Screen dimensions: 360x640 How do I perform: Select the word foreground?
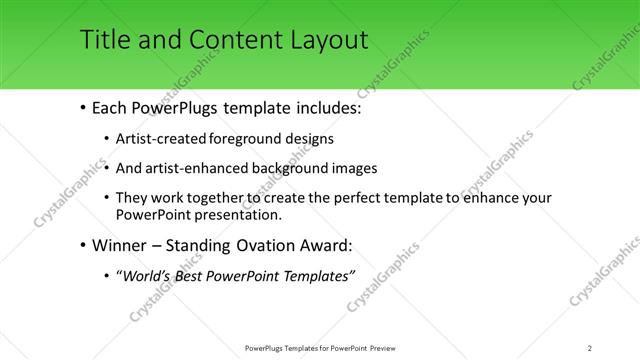[x=246, y=138]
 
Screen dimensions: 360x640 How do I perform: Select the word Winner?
[x=118, y=245]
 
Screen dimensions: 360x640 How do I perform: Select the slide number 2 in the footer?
[x=590, y=347]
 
